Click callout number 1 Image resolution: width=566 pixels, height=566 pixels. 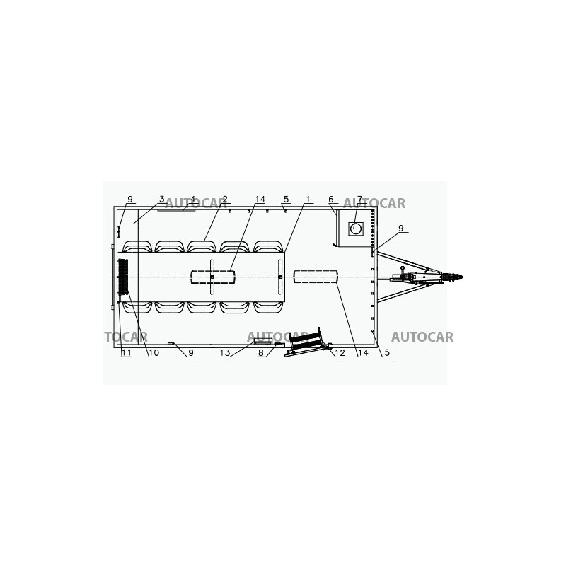(x=308, y=200)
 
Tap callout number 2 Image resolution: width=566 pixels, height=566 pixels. (x=225, y=200)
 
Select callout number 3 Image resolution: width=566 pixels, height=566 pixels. (x=162, y=200)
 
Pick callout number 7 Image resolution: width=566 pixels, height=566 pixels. (x=359, y=200)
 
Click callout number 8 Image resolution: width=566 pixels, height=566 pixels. (x=260, y=352)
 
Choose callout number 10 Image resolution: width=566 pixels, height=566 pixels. (x=154, y=352)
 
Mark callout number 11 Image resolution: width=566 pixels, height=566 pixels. (x=127, y=352)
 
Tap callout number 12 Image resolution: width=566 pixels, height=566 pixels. (x=340, y=352)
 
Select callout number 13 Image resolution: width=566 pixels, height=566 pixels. (x=225, y=352)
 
